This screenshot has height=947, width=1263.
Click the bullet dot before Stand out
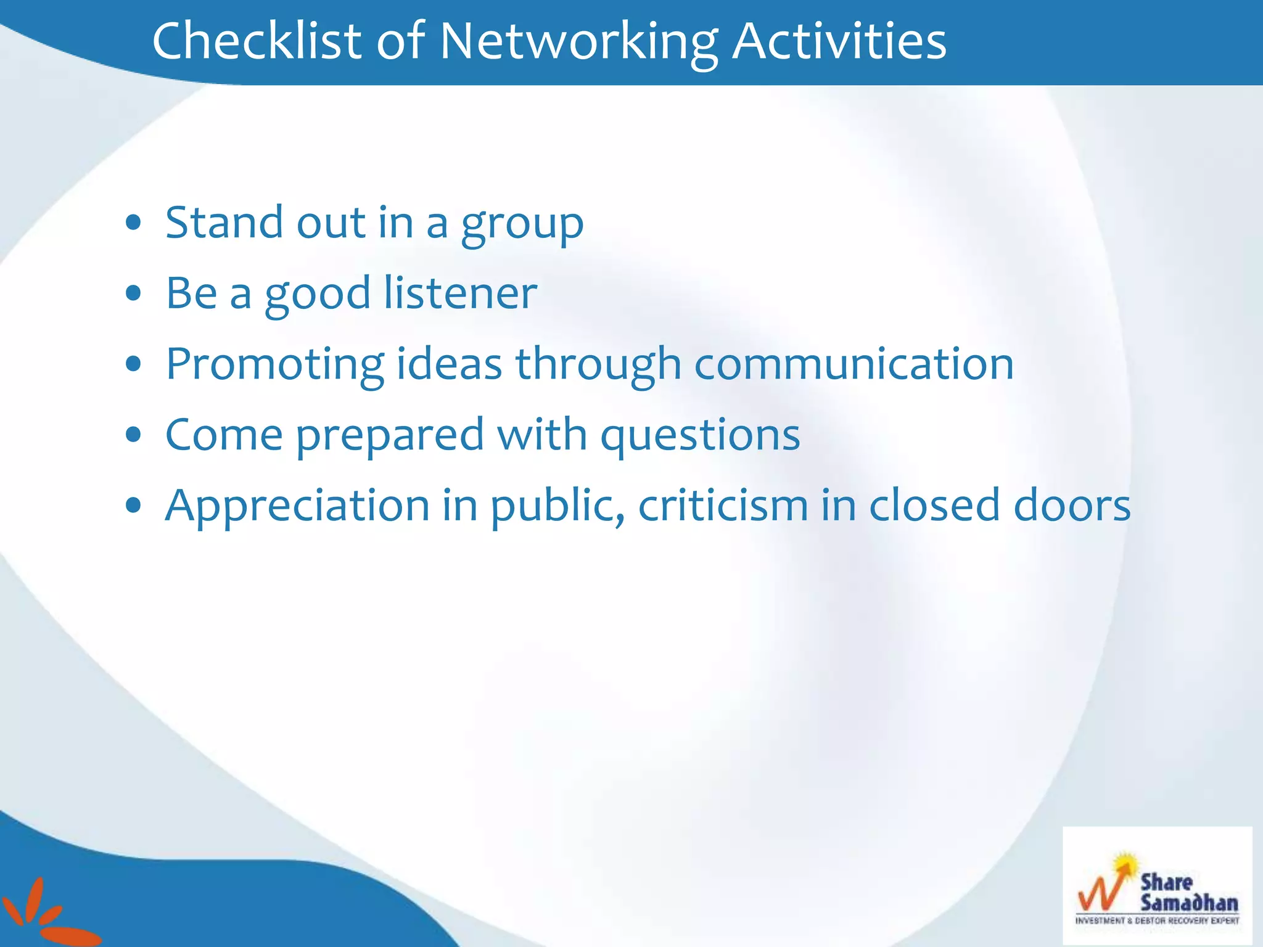tap(133, 223)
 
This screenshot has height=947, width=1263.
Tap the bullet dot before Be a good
tap(133, 293)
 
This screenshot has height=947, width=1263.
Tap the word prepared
tap(390, 435)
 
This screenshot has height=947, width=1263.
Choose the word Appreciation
tap(297, 506)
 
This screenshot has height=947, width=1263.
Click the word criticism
tap(723, 506)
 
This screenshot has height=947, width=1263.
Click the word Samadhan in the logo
tap(1188, 903)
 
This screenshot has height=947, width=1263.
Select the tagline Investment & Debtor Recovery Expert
tap(1157, 920)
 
